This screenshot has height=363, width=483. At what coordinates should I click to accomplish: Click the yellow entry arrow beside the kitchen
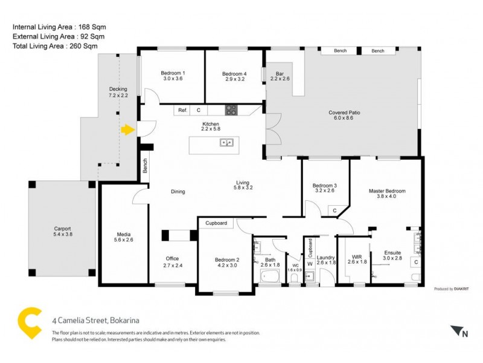click(x=127, y=129)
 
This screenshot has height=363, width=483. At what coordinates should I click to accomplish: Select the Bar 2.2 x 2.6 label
click(x=280, y=76)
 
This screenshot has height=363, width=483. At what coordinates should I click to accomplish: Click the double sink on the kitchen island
click(x=228, y=143)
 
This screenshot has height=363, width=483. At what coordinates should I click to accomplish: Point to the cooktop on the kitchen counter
click(x=231, y=110)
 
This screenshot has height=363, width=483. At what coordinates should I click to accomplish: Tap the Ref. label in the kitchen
click(x=182, y=111)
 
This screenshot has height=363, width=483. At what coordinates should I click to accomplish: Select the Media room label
click(x=124, y=237)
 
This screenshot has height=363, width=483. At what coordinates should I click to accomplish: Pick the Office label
click(x=172, y=262)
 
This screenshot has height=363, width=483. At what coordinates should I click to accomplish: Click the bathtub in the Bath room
click(x=270, y=278)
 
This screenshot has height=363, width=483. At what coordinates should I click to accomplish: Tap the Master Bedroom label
click(x=387, y=194)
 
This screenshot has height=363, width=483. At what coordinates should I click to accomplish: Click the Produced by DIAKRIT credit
click(x=452, y=289)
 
